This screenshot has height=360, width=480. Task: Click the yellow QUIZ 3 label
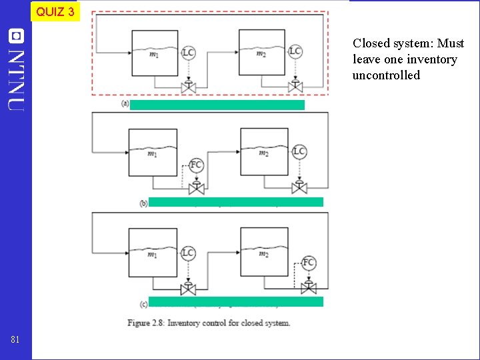point(55,11)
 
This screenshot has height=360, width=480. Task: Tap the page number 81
point(15,340)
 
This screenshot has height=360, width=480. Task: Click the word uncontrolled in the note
point(387,75)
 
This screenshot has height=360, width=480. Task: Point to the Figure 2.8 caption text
point(209,323)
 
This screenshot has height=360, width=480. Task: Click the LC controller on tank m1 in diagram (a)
point(188,52)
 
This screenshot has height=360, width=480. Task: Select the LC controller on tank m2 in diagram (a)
point(295,51)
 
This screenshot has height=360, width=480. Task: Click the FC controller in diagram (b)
point(197,165)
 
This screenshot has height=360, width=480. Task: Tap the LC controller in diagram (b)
point(299,152)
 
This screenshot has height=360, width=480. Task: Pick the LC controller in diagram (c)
point(189,253)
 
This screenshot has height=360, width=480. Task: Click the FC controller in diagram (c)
point(309,263)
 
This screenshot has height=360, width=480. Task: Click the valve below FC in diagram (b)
point(197,189)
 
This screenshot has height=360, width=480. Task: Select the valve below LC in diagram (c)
point(189,289)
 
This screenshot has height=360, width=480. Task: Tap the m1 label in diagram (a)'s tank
point(154,55)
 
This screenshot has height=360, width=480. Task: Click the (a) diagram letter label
point(125,104)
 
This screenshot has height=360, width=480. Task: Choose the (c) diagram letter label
point(144,302)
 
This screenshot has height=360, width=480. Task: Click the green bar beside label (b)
point(235,202)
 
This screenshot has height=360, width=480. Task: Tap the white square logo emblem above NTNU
point(16,36)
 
